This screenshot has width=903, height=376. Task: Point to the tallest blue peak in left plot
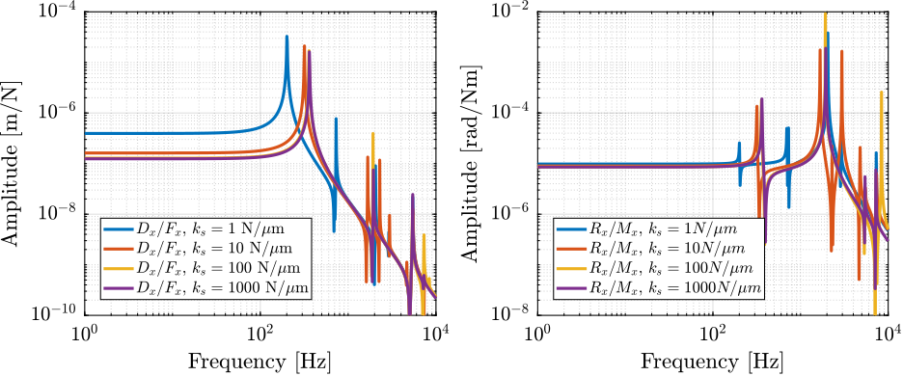point(287,38)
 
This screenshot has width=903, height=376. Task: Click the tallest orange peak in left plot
point(304,46)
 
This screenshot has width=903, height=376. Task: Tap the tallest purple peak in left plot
point(310,52)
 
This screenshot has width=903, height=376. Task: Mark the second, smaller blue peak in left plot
point(336,120)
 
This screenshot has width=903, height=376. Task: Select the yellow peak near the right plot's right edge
point(882,94)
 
